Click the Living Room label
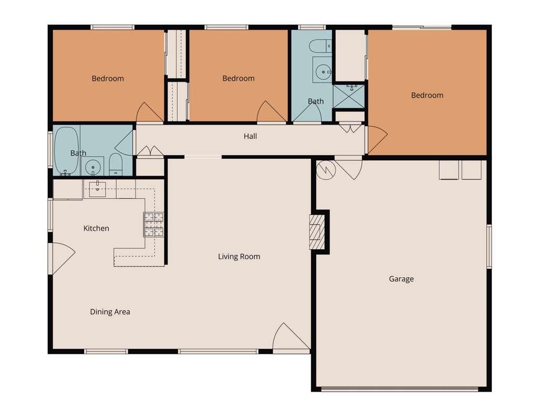coord(239,257)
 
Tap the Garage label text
coord(401,279)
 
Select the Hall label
coord(250,136)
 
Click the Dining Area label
coord(110,312)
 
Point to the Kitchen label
coord(96,228)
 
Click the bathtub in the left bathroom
coord(66,150)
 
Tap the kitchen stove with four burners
coord(154,224)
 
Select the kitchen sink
coord(98,188)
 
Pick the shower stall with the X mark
coord(349,97)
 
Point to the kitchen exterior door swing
coord(61,258)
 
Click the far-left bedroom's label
coord(108,78)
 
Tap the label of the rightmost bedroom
coord(427,95)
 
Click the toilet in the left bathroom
coord(116,166)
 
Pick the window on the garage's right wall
coord(489,246)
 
